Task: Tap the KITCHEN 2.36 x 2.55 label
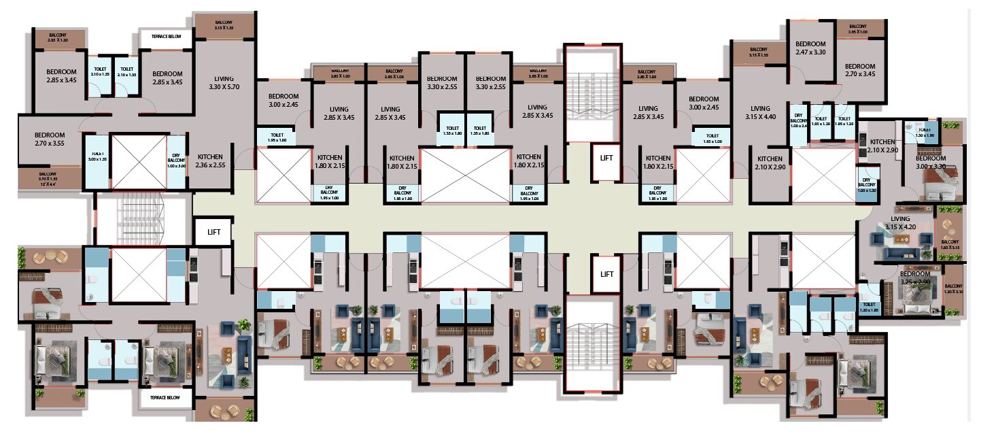[209, 161]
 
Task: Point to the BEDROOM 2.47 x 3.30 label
[810, 48]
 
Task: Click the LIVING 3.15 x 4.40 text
[760, 112]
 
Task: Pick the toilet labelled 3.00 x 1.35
[96, 158]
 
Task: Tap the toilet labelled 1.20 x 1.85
[868, 307]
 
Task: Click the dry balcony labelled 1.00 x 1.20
[867, 186]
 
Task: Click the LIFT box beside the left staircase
[212, 232]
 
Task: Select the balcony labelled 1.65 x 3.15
[950, 244]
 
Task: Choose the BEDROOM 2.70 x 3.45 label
[859, 70]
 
